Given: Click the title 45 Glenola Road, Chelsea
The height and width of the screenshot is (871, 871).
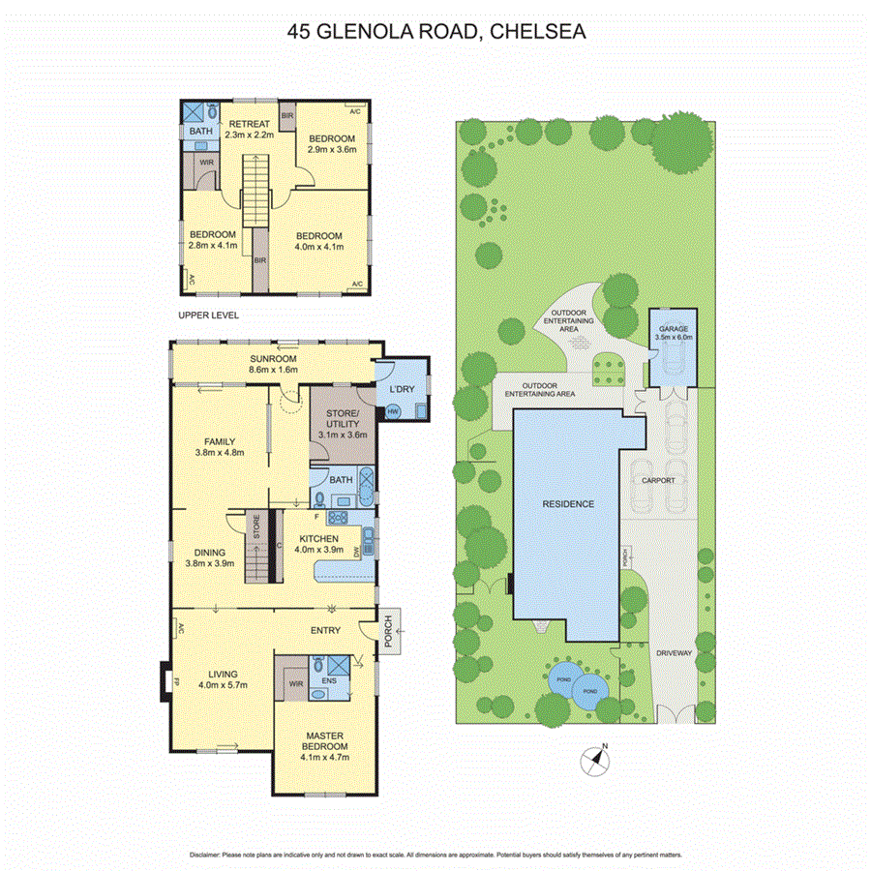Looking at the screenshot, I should [x=436, y=31].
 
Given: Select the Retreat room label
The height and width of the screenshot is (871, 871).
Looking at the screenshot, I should [x=250, y=130].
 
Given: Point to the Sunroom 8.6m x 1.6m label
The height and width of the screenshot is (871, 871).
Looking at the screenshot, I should [x=273, y=363].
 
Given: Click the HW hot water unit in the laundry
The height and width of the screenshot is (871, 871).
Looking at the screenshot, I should [x=393, y=411].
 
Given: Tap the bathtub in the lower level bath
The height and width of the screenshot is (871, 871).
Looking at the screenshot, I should [x=365, y=484].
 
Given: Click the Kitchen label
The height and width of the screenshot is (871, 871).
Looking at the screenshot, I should [x=318, y=544].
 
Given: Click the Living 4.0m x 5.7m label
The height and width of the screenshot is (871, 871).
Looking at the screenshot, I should [x=223, y=679].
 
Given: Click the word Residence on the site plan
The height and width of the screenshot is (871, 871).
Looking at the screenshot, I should [x=567, y=503].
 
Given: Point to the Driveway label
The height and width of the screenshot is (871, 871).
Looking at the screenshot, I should [x=674, y=654].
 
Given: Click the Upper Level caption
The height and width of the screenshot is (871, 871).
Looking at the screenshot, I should [x=208, y=315].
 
